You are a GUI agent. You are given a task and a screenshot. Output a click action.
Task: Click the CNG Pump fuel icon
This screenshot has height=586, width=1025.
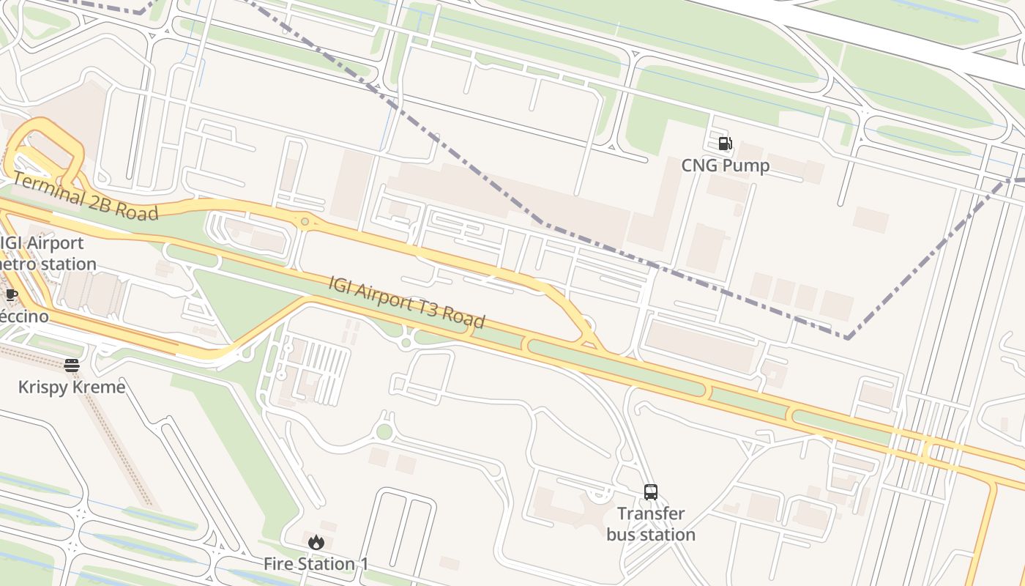(x=725, y=144)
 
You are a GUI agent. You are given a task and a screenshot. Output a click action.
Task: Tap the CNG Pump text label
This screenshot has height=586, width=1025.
(x=726, y=166)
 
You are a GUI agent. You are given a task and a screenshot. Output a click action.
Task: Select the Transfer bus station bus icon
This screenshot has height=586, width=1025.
(x=651, y=492)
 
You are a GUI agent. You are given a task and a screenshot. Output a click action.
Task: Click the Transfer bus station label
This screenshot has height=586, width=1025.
(x=651, y=524)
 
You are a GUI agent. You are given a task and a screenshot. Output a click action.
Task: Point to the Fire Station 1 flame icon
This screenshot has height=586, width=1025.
(x=316, y=542)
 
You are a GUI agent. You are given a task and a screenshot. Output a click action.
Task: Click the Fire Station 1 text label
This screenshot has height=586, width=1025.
(x=316, y=564)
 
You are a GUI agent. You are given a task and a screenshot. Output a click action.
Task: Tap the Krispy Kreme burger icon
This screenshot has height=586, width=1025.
(x=72, y=365)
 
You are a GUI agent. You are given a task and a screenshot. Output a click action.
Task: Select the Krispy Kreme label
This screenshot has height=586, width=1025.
(x=72, y=387)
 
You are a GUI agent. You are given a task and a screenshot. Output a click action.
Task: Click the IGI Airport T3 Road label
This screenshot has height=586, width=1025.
(x=407, y=302)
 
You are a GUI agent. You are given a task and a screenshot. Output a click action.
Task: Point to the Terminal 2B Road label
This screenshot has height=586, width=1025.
(x=85, y=196)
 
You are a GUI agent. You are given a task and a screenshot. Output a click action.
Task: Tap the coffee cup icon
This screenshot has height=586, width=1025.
(x=12, y=294)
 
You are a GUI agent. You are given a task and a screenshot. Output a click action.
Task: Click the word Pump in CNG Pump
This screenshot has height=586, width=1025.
(x=748, y=166)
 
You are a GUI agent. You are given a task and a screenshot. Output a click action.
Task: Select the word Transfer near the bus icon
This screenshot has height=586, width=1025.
(x=651, y=513)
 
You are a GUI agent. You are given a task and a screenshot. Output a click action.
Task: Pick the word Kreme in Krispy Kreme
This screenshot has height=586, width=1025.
(x=102, y=387)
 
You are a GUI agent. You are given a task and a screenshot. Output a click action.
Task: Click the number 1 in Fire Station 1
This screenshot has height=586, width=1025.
(x=363, y=564)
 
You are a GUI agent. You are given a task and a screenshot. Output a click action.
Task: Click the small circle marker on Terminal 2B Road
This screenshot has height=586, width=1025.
(x=305, y=220)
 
